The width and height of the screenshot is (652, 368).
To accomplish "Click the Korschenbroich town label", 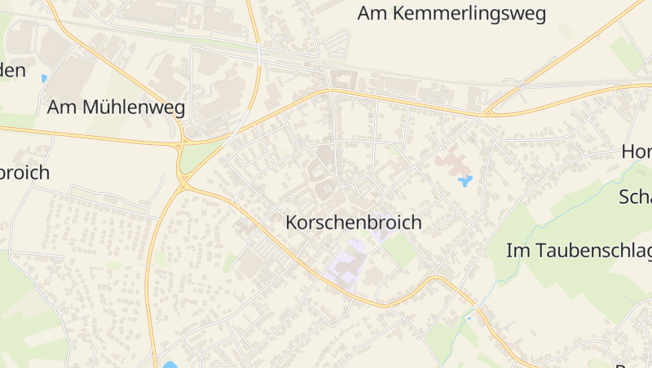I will pyautogui.click(x=354, y=221).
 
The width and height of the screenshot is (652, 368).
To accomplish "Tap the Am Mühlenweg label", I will pyautogui.click(x=116, y=107).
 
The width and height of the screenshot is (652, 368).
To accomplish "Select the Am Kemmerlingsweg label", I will pyautogui.click(x=452, y=14).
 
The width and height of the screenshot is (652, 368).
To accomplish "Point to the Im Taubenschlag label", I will pyautogui.click(x=579, y=251).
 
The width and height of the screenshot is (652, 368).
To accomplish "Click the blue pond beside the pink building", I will pyautogui.click(x=465, y=181).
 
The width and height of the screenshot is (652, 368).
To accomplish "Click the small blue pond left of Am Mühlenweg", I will pyautogui.click(x=43, y=79).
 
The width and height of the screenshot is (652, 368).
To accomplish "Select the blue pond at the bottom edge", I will pyautogui.click(x=170, y=364).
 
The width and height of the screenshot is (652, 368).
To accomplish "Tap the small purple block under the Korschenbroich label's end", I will pyautogui.click(x=381, y=232).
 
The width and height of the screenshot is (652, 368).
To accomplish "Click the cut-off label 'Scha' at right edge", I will pyautogui.click(x=635, y=197).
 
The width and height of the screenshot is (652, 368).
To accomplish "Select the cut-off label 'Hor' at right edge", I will pyautogui.click(x=637, y=151).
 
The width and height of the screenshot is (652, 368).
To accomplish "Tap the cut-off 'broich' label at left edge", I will pyautogui.click(x=24, y=173).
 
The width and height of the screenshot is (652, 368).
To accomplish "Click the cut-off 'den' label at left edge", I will pyautogui.click(x=12, y=71).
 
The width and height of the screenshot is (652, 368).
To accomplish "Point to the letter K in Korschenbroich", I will pyautogui.click(x=292, y=221).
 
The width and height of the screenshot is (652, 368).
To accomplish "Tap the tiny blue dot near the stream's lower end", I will pyautogui.click(x=468, y=318).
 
